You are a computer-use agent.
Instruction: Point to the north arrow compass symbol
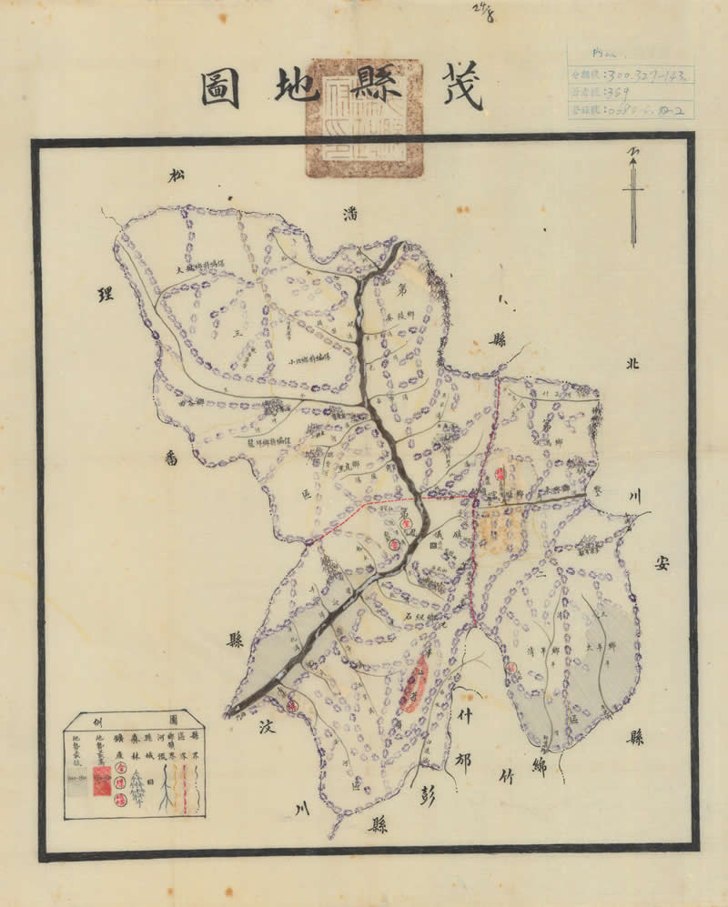[x=633, y=196]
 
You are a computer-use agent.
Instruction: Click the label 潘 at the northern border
[x=349, y=216]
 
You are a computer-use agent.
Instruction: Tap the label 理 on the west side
[x=106, y=294]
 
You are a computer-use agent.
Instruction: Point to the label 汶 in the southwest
[x=268, y=728]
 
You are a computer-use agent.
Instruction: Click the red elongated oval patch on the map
[x=416, y=681]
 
